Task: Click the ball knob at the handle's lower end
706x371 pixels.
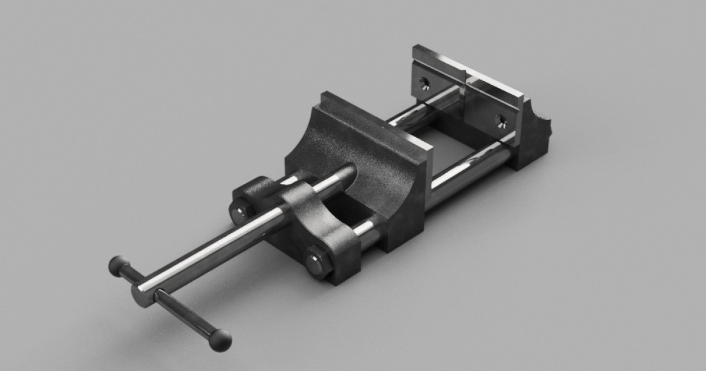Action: [221, 340]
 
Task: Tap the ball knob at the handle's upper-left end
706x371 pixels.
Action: [118, 266]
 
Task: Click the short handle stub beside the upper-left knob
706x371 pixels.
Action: [131, 275]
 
